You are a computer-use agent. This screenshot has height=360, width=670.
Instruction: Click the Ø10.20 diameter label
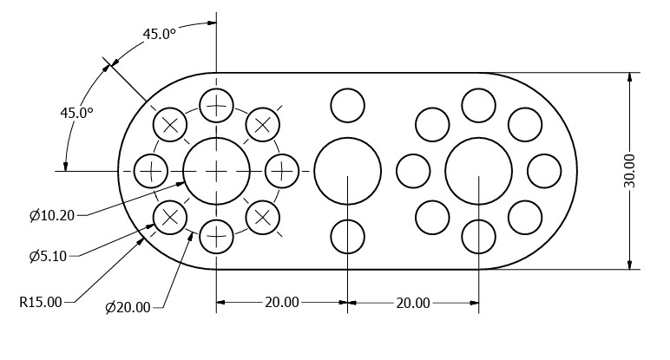point(52,215)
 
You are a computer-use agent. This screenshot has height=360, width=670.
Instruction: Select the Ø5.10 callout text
point(48,256)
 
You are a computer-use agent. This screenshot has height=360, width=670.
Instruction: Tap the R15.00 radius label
point(41,303)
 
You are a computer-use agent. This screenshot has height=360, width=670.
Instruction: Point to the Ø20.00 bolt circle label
point(128,307)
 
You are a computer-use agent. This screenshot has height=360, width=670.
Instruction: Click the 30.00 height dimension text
point(629,171)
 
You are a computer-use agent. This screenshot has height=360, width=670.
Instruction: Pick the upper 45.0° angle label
point(159,34)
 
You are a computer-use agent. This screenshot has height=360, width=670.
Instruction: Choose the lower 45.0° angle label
point(76,113)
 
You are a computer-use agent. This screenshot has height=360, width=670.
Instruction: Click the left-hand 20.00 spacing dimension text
point(282,303)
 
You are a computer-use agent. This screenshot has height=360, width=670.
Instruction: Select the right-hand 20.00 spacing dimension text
point(413,303)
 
